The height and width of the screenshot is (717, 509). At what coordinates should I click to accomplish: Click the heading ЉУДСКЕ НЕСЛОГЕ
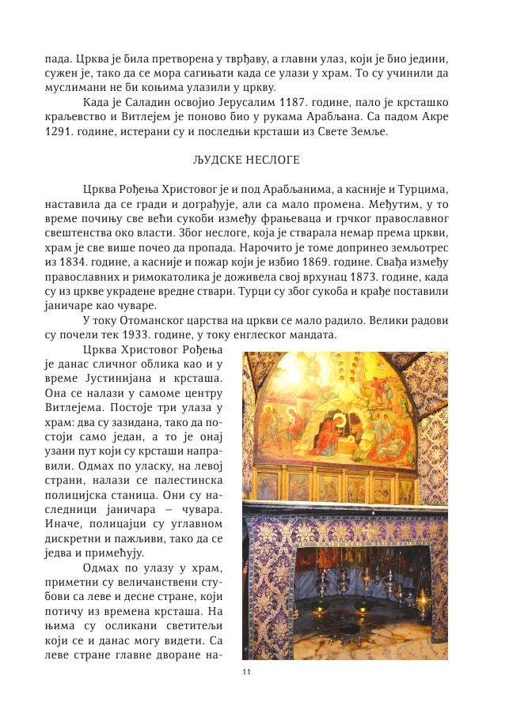[246, 160]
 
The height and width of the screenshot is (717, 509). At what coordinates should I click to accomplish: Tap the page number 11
[246, 671]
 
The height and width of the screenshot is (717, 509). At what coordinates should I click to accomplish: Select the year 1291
[62, 130]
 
